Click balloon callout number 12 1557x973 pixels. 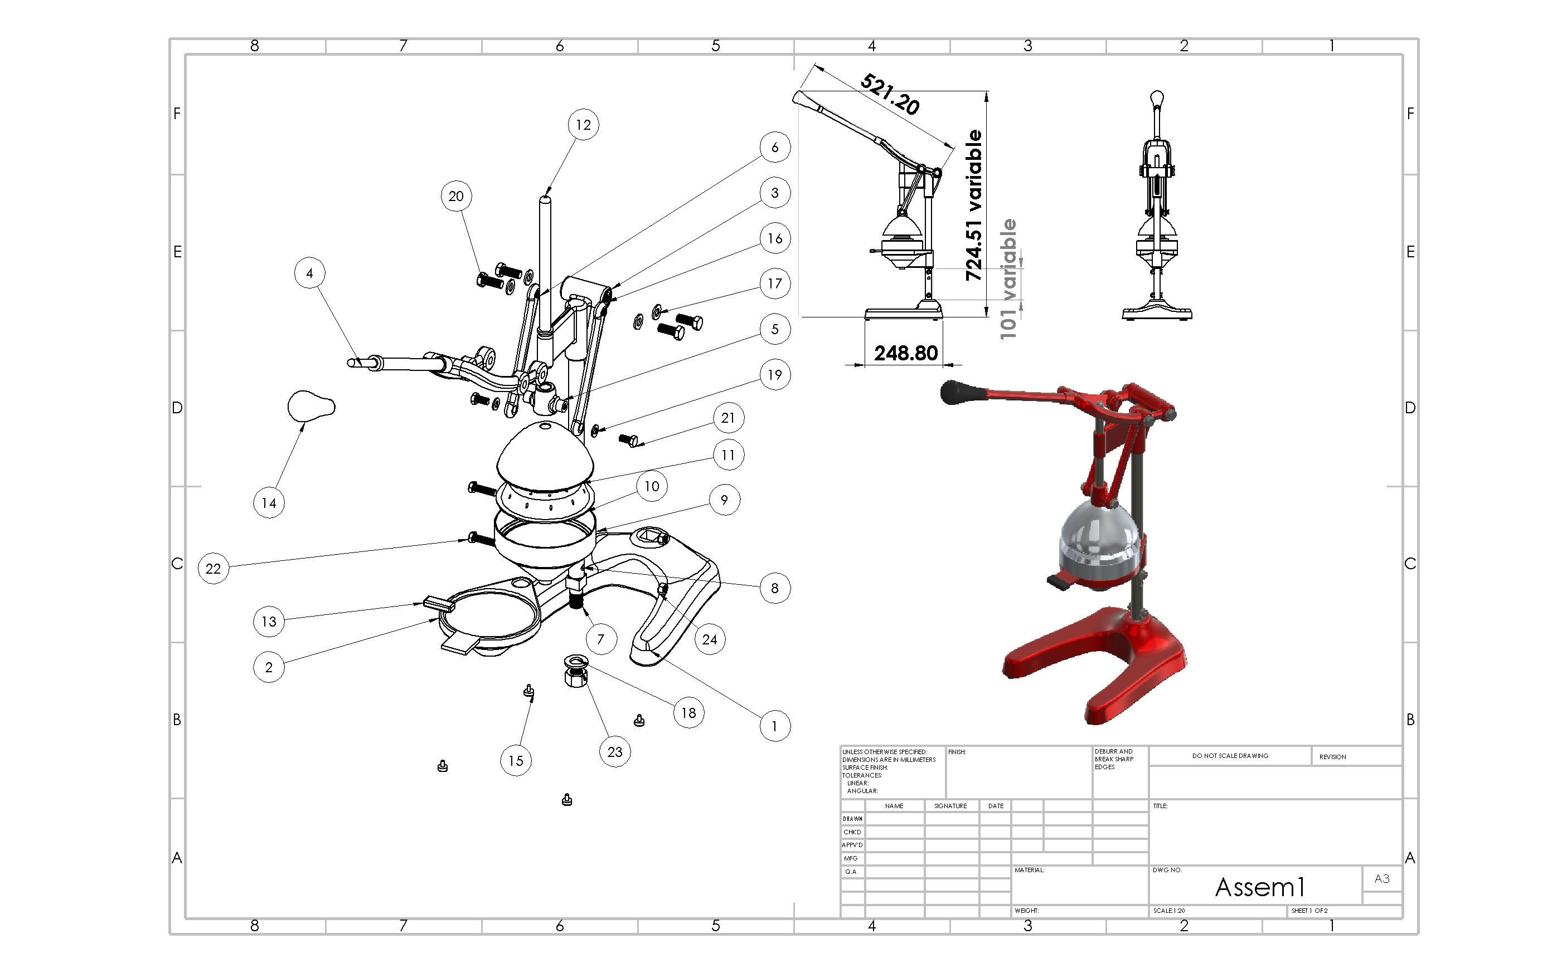point(583,125)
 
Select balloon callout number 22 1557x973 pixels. point(213,568)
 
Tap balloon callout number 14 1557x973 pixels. point(269,502)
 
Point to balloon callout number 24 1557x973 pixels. point(710,639)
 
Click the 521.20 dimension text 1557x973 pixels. point(890,94)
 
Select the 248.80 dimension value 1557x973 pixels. point(905,353)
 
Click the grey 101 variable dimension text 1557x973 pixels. point(1008,278)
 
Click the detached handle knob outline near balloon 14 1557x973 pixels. point(310,406)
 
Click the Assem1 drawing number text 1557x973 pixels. point(1259,887)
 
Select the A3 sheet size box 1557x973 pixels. point(1382,878)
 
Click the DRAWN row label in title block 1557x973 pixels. point(852,819)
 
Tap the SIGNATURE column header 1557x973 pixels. point(950,806)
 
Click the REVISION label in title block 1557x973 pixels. point(1332,757)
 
